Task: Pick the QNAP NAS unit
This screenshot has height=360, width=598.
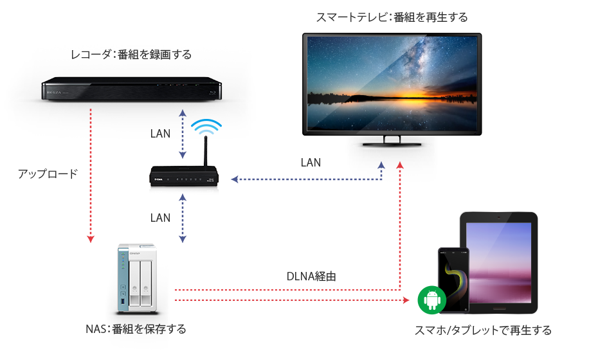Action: click(137, 276)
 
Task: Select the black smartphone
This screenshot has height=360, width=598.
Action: click(451, 280)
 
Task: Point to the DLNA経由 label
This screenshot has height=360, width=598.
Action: click(311, 277)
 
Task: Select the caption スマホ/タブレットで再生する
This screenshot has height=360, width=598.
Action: click(483, 330)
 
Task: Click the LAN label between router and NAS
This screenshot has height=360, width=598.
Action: click(160, 218)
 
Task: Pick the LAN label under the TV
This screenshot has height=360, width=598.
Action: click(311, 163)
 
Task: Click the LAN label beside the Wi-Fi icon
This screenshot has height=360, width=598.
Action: click(160, 134)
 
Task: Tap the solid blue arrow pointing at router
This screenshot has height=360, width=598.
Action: click(289, 180)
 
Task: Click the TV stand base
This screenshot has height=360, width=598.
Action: click(390, 142)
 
